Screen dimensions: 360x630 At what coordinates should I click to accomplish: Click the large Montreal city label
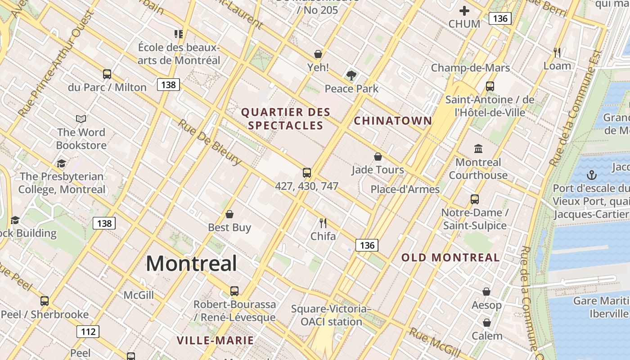191,263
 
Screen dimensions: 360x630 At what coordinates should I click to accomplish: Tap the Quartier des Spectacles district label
286,119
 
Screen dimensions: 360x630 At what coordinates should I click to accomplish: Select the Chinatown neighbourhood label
393,121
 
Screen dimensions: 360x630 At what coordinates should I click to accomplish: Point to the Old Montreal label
450,258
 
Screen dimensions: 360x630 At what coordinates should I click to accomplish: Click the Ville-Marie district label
215,340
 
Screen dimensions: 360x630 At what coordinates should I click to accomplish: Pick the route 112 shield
88,332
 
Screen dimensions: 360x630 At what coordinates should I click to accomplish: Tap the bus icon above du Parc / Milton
107,74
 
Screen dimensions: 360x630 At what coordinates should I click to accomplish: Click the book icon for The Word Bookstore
81,119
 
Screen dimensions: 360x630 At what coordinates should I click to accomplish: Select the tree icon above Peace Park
351,76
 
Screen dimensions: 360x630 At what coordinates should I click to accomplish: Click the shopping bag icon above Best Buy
229,214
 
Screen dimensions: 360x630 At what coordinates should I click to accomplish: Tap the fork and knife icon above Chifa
323,222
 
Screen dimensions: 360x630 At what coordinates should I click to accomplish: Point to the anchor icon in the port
591,175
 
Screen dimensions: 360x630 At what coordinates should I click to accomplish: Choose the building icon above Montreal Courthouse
478,148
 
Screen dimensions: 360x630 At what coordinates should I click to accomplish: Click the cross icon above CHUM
464,11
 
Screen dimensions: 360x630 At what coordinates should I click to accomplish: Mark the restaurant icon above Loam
557,53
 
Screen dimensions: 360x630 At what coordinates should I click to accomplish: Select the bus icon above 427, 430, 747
307,172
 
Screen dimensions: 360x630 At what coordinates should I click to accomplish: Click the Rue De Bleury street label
210,142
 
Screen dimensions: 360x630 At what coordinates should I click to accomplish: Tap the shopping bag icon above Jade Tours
378,157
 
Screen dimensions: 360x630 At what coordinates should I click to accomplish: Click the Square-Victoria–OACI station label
331,315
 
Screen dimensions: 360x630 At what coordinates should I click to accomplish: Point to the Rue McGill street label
435,342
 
